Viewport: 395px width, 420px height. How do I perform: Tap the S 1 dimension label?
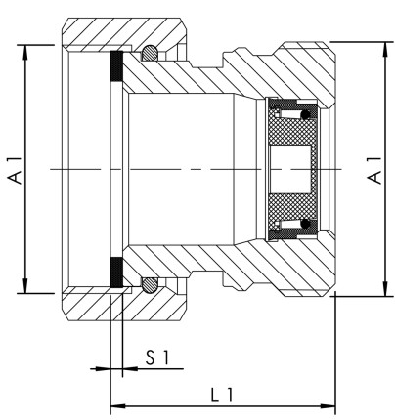tap(145, 357)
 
